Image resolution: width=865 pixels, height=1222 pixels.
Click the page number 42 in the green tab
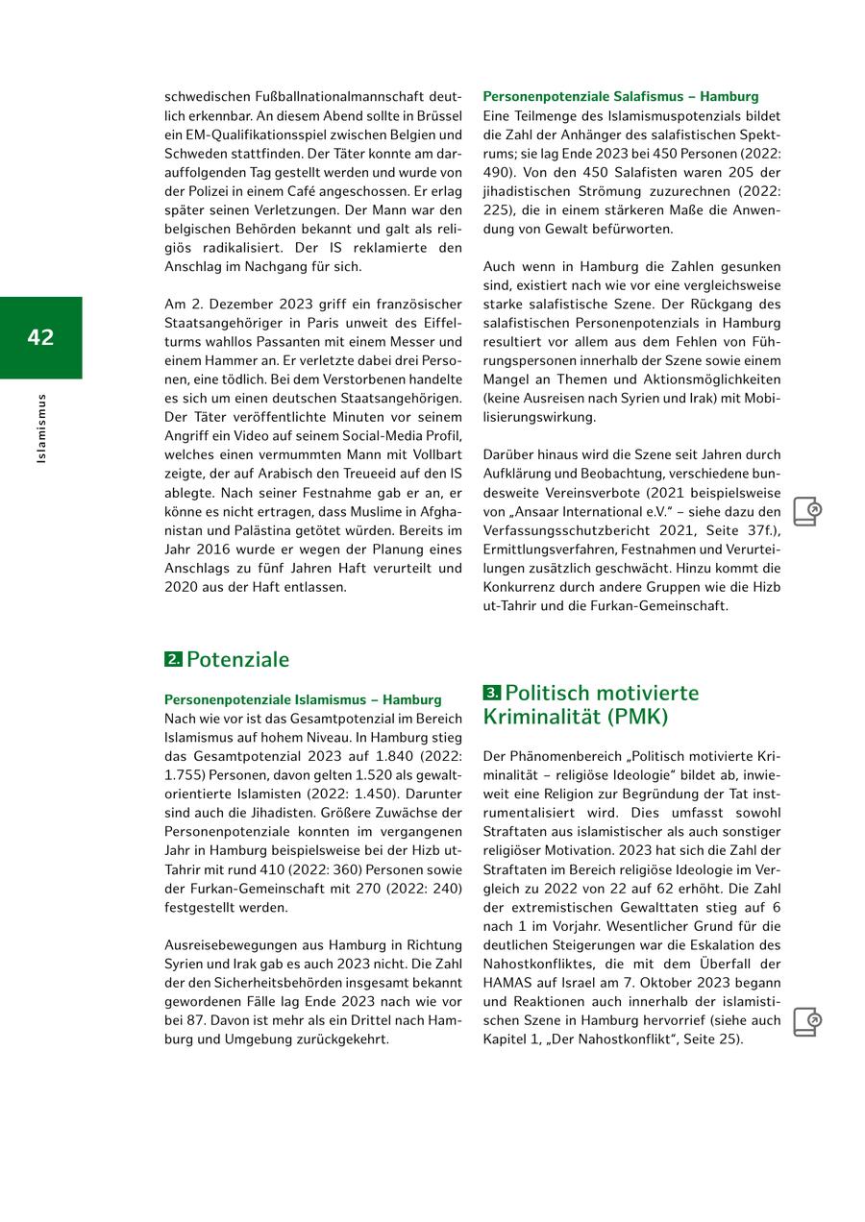tap(40, 337)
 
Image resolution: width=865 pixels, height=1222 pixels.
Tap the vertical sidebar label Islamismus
tap(40, 428)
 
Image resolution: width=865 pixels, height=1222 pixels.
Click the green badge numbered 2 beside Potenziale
tap(173, 660)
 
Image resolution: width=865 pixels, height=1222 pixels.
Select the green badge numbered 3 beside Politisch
tap(492, 693)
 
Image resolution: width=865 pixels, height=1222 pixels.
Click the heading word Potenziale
tap(237, 660)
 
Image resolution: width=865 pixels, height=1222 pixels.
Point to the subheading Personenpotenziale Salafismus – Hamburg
tap(621, 97)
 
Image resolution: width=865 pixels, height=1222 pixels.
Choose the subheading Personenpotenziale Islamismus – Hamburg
tap(303, 699)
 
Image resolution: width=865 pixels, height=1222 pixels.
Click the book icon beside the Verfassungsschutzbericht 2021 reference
tap(807, 512)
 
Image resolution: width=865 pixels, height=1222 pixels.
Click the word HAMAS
tap(508, 983)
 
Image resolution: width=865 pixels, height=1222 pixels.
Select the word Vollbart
tap(434, 454)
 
